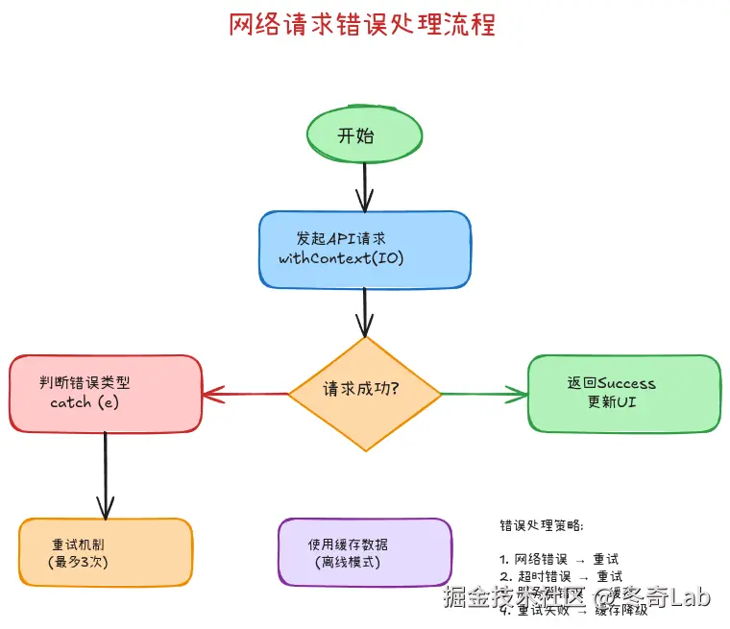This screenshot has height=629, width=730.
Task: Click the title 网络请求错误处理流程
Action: tap(362, 24)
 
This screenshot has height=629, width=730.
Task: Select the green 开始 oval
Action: tap(364, 135)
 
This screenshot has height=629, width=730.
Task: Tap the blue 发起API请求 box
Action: tap(364, 250)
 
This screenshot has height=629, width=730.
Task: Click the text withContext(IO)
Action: tap(341, 259)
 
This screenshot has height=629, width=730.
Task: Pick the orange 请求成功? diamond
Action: tap(364, 393)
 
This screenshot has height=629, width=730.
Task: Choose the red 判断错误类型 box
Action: tap(106, 394)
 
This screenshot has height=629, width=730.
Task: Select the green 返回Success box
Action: tap(623, 393)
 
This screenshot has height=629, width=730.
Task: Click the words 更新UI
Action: tap(612, 402)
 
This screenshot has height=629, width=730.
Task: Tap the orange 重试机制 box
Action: tap(106, 552)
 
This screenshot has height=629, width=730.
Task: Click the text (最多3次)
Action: tap(78, 562)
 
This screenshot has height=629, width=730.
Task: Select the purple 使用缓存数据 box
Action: tap(364, 551)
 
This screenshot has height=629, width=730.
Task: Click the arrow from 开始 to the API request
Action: tap(364, 186)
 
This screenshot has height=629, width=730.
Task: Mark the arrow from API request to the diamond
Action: tap(364, 312)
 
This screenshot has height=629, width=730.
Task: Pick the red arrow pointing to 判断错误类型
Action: tap(246, 393)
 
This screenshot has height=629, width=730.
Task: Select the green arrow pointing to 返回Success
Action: tap(484, 393)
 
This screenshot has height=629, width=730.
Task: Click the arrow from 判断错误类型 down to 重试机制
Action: tap(105, 475)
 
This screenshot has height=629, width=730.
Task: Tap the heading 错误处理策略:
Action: tap(541, 525)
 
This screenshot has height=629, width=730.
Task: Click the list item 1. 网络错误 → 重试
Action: tap(559, 558)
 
